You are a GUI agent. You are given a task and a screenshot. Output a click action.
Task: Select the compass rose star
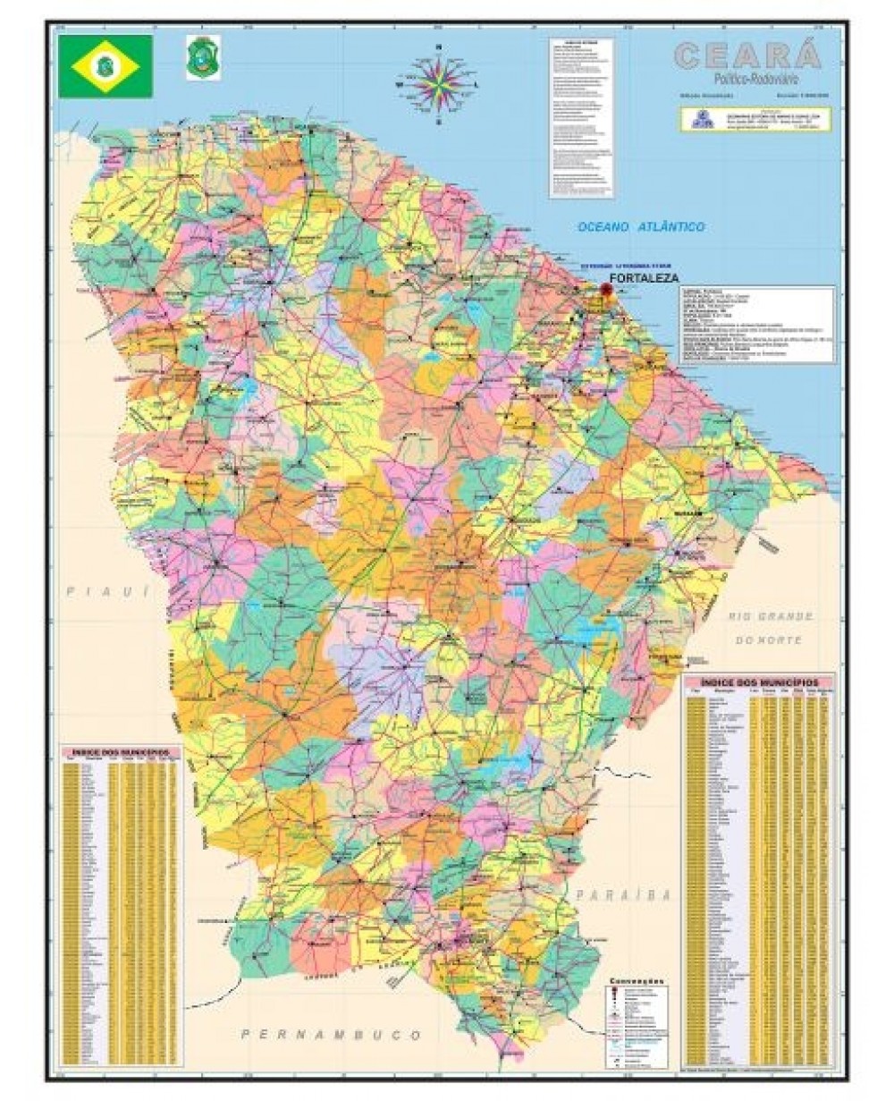pos(438,81)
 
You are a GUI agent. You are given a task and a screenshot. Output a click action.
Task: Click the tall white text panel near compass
pos(581,116)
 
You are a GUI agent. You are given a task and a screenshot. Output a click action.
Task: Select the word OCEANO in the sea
pos(604,227)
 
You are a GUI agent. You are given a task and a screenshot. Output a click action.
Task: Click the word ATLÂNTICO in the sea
pos(670,227)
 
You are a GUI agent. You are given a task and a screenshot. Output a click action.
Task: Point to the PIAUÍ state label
pos(106,591)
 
